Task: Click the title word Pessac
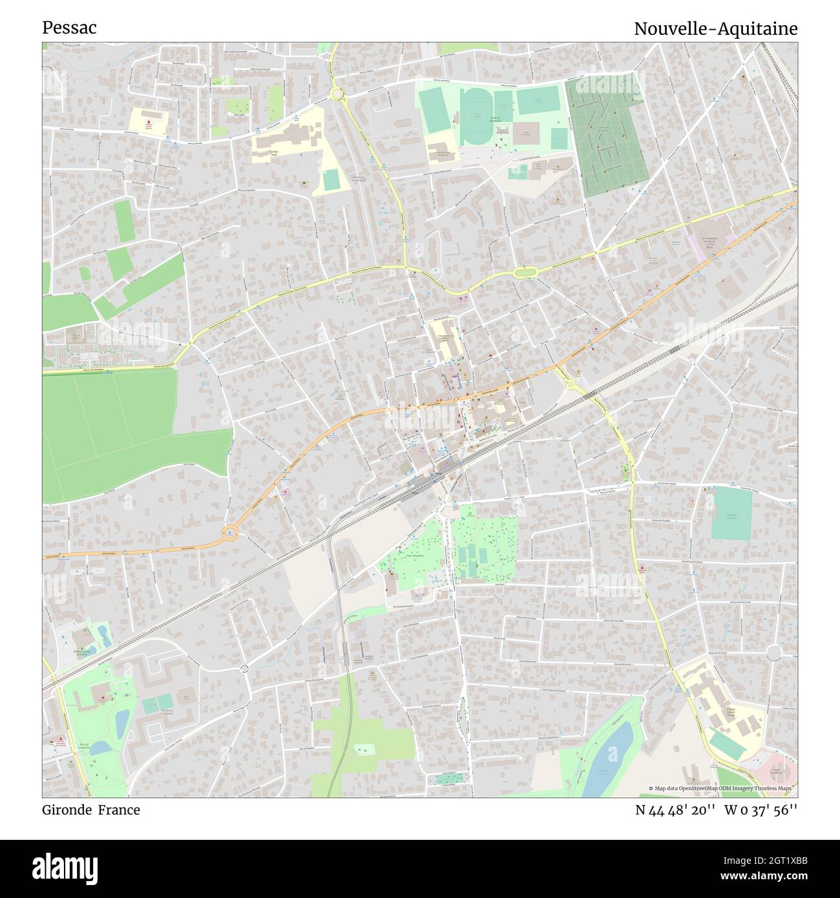pos(69,28)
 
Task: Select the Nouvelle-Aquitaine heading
pos(715,28)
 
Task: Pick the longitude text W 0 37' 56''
pos(761,809)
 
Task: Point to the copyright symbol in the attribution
pos(652,788)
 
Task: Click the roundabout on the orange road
pos(231,533)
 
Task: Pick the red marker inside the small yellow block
pos(148,122)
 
